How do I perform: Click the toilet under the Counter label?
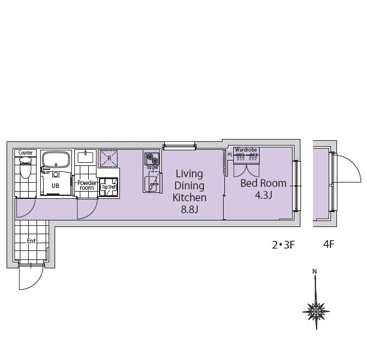click(x=25, y=170)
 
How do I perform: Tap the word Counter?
click(x=25, y=153)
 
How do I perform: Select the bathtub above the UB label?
click(x=56, y=161)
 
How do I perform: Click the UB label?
click(x=55, y=186)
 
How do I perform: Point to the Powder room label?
click(x=86, y=184)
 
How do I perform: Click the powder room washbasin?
click(x=86, y=158)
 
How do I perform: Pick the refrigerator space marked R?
click(x=109, y=159)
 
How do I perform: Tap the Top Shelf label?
click(x=109, y=186)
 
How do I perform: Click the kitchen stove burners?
click(x=151, y=160)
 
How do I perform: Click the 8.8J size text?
click(x=189, y=210)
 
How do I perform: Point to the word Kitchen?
click(x=189, y=198)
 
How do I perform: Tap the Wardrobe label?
click(x=246, y=150)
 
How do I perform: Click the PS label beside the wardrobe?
click(x=230, y=153)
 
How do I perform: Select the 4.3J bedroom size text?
click(x=263, y=195)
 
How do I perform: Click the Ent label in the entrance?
click(x=31, y=241)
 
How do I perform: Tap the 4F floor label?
click(x=328, y=244)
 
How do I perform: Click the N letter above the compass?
click(x=315, y=272)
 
